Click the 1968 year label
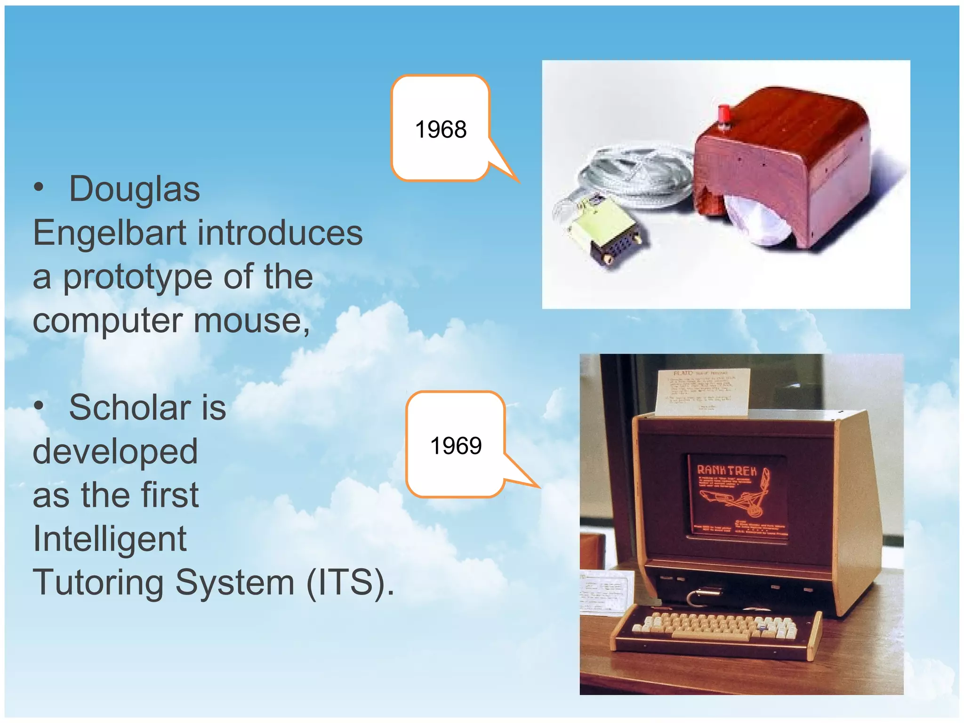441,129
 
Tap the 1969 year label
456,446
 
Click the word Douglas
135,189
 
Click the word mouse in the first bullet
251,321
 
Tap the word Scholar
130,408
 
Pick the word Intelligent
110,539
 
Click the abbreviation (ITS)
350,583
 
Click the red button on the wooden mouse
723,116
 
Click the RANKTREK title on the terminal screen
726,470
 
